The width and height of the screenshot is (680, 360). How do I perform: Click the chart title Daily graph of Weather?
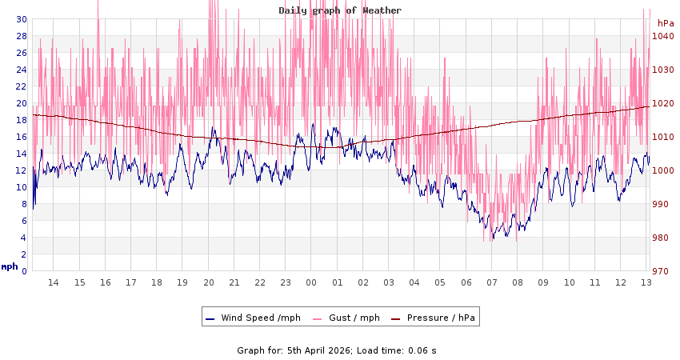(x=340, y=10)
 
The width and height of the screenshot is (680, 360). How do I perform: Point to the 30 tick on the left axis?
(x=22, y=19)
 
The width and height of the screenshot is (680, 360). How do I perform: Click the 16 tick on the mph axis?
(x=22, y=137)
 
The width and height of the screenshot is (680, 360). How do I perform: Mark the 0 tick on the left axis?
(x=24, y=271)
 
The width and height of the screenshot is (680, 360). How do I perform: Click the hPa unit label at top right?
(x=666, y=23)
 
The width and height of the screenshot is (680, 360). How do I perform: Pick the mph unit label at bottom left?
(x=10, y=266)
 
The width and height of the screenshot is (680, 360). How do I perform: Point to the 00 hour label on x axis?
(x=311, y=282)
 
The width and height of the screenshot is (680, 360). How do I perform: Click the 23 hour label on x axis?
(x=286, y=282)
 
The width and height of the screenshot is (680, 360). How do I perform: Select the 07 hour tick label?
(x=492, y=282)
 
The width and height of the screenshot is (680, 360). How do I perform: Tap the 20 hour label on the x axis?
(x=208, y=282)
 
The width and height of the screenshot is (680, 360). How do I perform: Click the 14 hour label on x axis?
(x=54, y=282)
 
